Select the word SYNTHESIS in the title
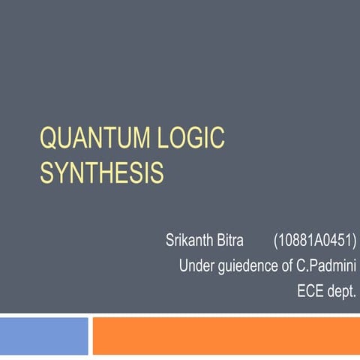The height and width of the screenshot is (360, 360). point(101,173)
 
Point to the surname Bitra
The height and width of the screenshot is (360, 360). point(234,242)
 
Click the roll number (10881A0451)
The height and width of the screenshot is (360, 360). point(315,242)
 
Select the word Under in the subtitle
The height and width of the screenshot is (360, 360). point(196,265)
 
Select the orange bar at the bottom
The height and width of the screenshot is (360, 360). point(226,335)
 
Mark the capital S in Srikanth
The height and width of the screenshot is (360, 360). point(170,242)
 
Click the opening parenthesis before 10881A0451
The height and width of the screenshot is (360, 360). point(277,242)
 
